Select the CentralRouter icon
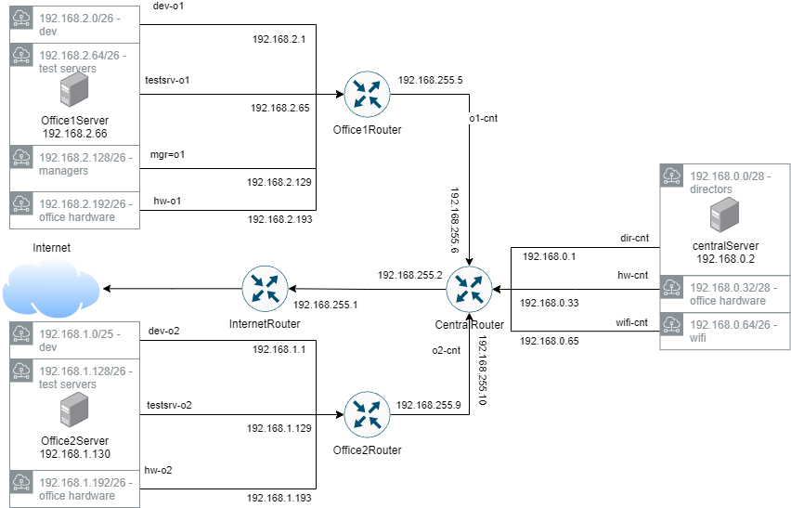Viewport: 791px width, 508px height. tap(469, 289)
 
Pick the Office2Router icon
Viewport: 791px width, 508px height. tap(367, 415)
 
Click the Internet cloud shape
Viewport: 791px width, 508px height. tap(50, 290)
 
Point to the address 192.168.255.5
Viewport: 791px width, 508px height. tap(430, 81)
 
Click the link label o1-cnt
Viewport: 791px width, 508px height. tap(485, 119)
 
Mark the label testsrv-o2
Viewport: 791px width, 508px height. tap(168, 405)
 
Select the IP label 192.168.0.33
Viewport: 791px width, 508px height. tap(548, 303)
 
